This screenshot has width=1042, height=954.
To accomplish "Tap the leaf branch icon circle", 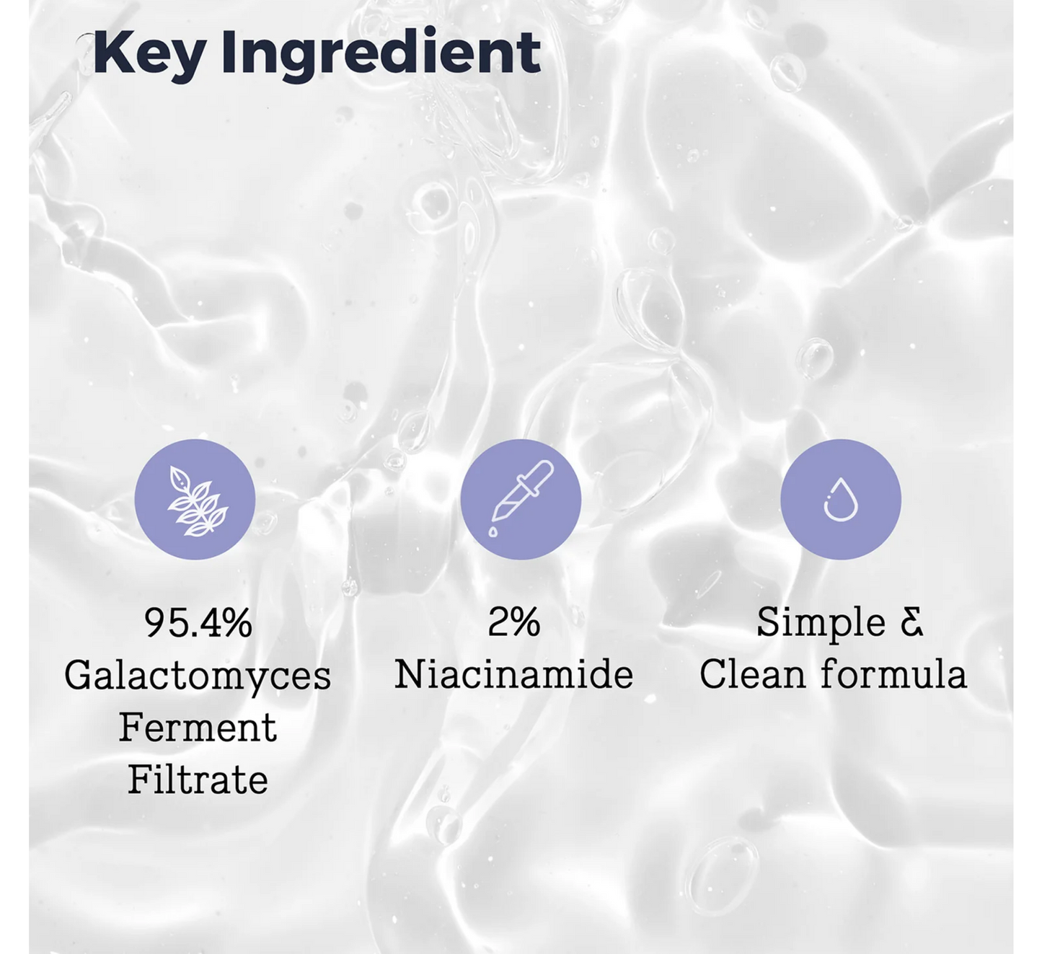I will [x=195, y=499].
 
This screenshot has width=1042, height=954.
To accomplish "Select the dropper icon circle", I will [x=521, y=499].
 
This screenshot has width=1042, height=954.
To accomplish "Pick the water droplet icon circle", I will [x=841, y=499].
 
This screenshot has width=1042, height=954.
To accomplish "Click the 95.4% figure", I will [x=198, y=623].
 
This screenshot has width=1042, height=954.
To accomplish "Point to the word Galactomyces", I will [x=198, y=676].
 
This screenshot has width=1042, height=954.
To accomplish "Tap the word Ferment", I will [x=198, y=728].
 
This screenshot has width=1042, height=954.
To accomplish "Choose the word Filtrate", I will [x=198, y=780].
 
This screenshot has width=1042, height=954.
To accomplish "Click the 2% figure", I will [x=513, y=622].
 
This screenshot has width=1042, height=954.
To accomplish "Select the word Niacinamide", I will [x=513, y=675].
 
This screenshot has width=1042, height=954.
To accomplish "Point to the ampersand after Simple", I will [x=911, y=622].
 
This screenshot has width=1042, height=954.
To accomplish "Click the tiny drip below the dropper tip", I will [x=493, y=532].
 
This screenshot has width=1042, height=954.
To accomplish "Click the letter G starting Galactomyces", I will [x=78, y=676].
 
